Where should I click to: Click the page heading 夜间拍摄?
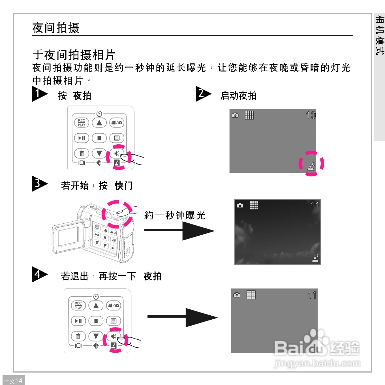[56, 28]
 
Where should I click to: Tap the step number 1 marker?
[39, 94]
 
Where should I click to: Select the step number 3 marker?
[39, 184]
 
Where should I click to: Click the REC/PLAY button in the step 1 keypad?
[82, 123]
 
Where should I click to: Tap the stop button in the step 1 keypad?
[99, 138]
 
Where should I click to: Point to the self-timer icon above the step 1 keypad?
[99, 114]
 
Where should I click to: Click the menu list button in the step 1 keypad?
[117, 138]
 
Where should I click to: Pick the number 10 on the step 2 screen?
[311, 115]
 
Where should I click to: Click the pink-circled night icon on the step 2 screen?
[311, 166]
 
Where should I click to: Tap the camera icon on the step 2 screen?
[235, 115]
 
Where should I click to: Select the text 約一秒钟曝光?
[175, 215]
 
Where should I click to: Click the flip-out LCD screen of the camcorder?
[68, 236]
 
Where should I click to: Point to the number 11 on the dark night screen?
[315, 205]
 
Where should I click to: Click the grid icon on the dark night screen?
[254, 205]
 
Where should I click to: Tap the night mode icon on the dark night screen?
[315, 258]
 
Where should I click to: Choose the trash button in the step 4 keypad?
[78, 336]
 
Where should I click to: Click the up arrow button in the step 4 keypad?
[96, 306]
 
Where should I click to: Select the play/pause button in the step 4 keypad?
[78, 321]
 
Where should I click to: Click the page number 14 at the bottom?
[19, 381]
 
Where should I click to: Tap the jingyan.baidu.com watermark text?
[317, 363]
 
